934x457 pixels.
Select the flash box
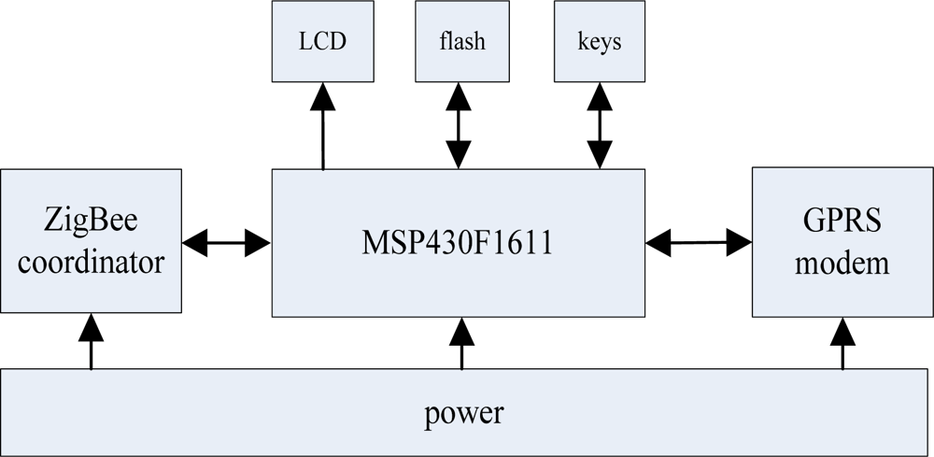pyautogui.click(x=461, y=41)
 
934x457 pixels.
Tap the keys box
pyautogui.click(x=600, y=41)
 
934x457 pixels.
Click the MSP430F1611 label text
pyautogui.click(x=457, y=244)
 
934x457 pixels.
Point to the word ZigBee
pyautogui.click(x=91, y=222)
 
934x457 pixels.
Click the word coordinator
pyautogui.click(x=91, y=263)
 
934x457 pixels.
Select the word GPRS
pyautogui.click(x=842, y=222)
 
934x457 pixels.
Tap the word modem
pyautogui.click(x=842, y=263)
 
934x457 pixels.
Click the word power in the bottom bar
pyautogui.click(x=464, y=413)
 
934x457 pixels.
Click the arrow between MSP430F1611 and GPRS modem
pyautogui.click(x=699, y=243)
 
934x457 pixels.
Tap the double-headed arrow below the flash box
pyautogui.click(x=458, y=126)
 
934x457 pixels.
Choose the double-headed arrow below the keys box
pyautogui.click(x=599, y=126)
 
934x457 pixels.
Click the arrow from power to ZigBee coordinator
pyautogui.click(x=91, y=341)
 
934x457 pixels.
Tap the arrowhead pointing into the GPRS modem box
pyautogui.click(x=740, y=243)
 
